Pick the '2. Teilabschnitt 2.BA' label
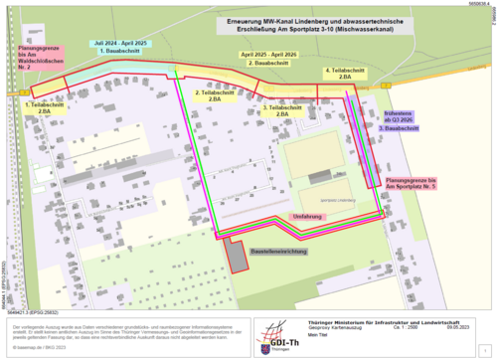pos(207,96)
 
